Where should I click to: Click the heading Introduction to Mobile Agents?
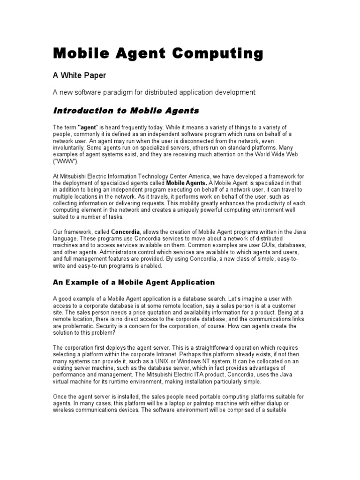(x=126, y=111)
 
